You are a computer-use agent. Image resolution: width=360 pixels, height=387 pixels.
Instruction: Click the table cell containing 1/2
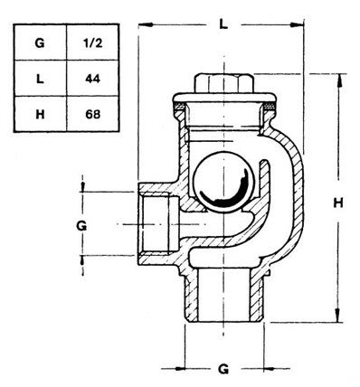(x=92, y=42)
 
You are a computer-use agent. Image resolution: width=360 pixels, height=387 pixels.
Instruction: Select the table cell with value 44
(x=92, y=79)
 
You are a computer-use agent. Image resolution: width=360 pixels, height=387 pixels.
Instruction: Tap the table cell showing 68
(x=92, y=114)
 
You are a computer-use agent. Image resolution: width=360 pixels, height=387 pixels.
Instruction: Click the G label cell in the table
(x=40, y=42)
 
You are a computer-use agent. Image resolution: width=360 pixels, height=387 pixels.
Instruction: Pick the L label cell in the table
(x=40, y=79)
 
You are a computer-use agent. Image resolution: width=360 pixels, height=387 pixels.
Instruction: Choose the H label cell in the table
(x=40, y=114)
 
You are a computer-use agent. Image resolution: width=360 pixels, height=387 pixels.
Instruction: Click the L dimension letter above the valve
(x=223, y=24)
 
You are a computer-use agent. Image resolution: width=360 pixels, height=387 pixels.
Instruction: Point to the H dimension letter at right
(x=338, y=203)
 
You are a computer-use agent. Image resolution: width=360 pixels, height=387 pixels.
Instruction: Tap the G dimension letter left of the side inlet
(x=81, y=225)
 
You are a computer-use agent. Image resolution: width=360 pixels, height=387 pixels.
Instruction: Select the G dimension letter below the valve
(x=223, y=369)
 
